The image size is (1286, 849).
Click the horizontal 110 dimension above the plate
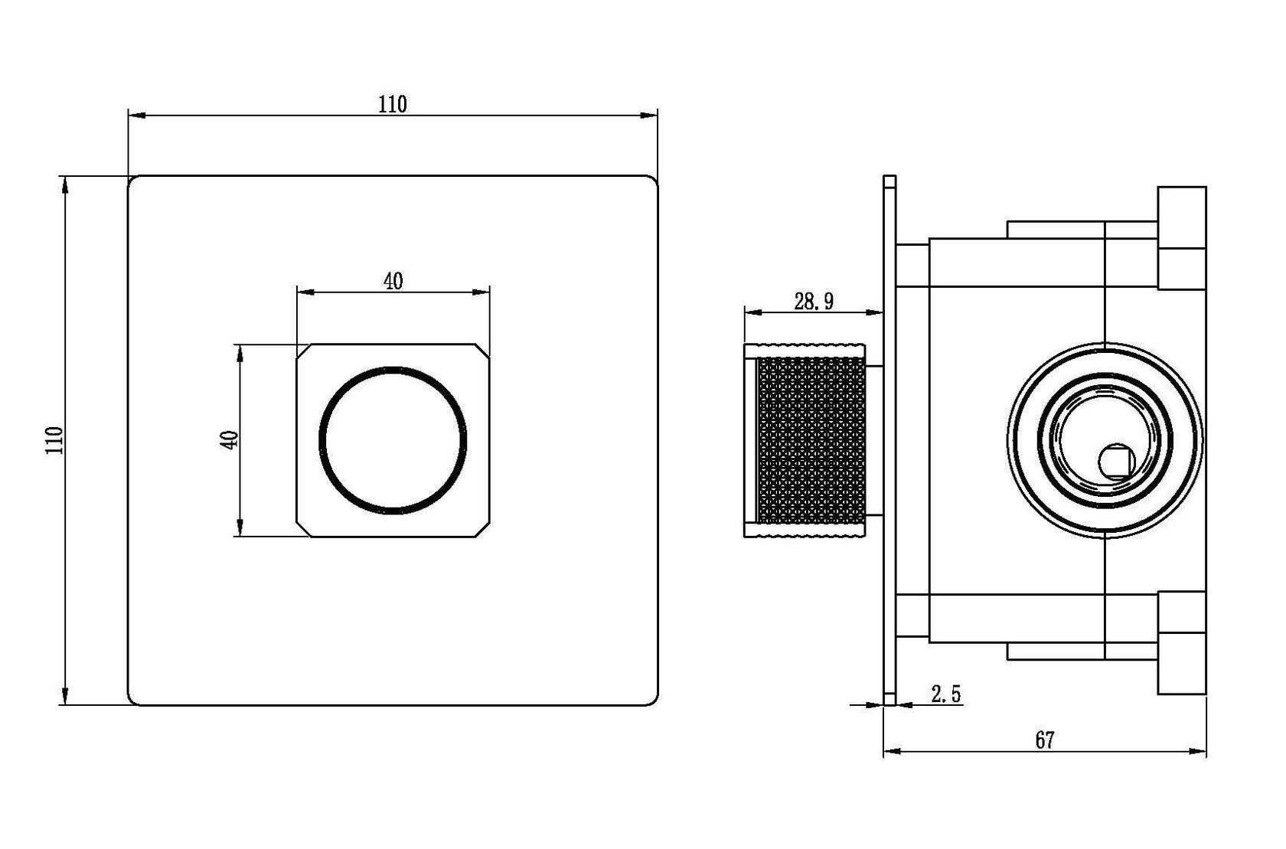click(393, 105)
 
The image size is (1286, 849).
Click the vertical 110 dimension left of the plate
click(54, 440)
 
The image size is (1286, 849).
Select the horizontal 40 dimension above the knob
click(393, 281)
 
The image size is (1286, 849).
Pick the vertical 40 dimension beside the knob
click(229, 439)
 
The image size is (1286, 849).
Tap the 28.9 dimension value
click(814, 302)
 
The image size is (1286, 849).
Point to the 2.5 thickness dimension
click(945, 694)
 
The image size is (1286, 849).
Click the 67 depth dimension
click(1045, 740)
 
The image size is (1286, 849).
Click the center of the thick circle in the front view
click(393, 440)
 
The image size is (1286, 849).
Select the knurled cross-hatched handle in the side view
click(811, 440)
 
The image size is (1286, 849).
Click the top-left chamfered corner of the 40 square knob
click(304, 351)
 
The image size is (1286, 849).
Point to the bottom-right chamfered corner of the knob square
click(483, 530)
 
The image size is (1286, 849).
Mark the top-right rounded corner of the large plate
click(652, 181)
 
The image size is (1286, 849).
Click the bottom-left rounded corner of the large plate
click(133, 699)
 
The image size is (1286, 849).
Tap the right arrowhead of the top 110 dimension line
click(649, 116)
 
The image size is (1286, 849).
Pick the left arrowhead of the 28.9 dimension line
click(753, 313)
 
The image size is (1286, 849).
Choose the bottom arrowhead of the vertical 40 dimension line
click(240, 527)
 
